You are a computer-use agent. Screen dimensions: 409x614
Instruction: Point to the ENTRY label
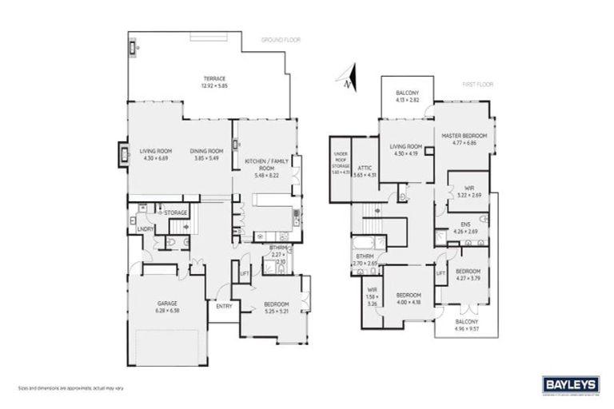coord(224,304)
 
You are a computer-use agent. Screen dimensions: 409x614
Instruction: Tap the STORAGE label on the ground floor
coord(176,212)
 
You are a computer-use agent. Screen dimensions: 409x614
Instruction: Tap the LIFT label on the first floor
coord(440,272)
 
